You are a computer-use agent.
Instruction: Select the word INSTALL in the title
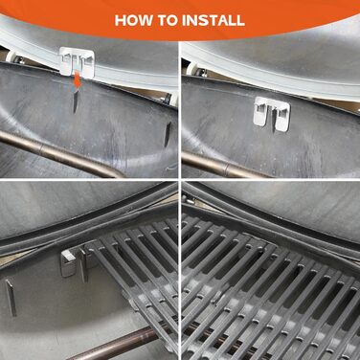click(x=214, y=20)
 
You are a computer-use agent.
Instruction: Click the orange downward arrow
click(x=78, y=81)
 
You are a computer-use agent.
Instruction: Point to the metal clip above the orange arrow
click(x=77, y=61)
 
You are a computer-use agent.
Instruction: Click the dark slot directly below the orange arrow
click(x=76, y=101)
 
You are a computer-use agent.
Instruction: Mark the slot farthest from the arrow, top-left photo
click(x=168, y=134)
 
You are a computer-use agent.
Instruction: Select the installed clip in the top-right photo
click(x=272, y=114)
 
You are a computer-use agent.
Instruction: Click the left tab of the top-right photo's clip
click(x=260, y=115)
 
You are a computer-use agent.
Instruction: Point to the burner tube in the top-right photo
click(x=223, y=166)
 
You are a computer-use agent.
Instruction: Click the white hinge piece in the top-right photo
click(x=193, y=69)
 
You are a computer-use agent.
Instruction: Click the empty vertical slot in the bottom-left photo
click(x=11, y=298)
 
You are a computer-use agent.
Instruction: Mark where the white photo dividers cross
click(x=180, y=180)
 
